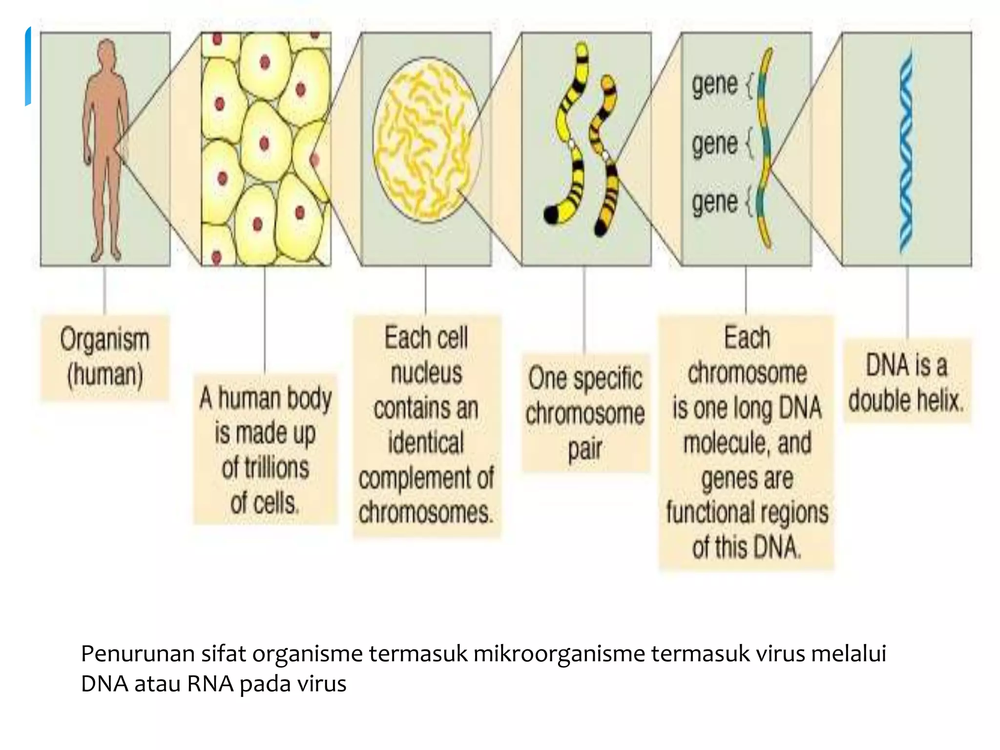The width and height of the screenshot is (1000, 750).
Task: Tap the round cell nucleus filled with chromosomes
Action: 426,140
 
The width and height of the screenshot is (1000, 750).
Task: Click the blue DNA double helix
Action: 906,151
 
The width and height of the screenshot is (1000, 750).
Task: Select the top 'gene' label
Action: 715,85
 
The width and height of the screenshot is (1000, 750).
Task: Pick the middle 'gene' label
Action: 715,145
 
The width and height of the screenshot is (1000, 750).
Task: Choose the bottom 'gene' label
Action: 715,202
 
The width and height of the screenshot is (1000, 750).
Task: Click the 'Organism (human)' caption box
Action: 104,357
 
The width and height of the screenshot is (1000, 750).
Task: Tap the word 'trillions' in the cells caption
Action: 266,468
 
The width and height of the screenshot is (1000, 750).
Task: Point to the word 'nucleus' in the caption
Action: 426,374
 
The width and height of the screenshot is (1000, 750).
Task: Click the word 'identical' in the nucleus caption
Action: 426,443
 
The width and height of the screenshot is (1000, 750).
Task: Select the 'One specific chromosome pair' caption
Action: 585,413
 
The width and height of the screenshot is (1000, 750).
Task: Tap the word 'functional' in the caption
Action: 704,513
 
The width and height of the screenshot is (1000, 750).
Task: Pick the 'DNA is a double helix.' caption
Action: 906,383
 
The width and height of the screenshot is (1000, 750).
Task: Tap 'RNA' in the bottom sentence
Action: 209,684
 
